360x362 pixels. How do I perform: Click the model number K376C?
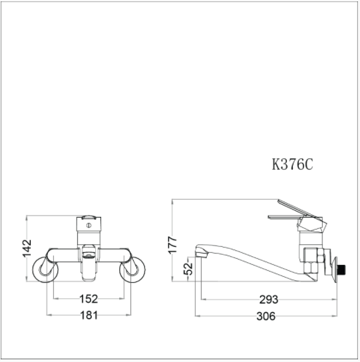pyautogui.click(x=292, y=165)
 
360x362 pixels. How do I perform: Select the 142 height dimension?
pyautogui.click(x=27, y=247)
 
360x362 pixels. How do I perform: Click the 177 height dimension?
pyautogui.click(x=173, y=244)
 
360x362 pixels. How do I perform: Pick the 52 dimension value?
pyautogui.click(x=188, y=270)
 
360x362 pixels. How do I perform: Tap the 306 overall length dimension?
pyautogui.click(x=266, y=316)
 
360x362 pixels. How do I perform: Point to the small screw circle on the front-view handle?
pyautogui.click(x=89, y=225)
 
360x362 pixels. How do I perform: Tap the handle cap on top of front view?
pyautogui.click(x=88, y=218)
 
